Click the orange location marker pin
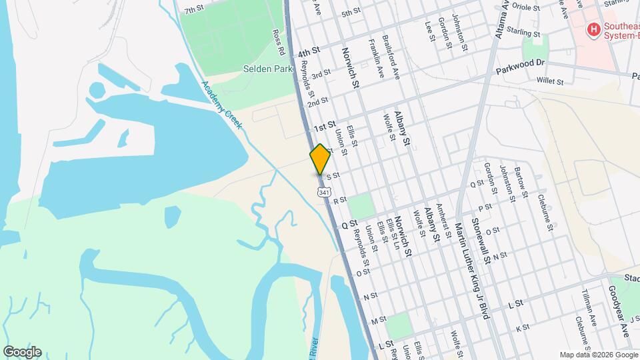tap(320, 159)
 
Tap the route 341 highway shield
tap(323, 192)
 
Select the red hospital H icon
tap(591, 29)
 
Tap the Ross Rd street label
tap(279, 41)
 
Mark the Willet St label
tap(550, 81)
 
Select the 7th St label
tap(193, 9)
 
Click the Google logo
tap(22, 352)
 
